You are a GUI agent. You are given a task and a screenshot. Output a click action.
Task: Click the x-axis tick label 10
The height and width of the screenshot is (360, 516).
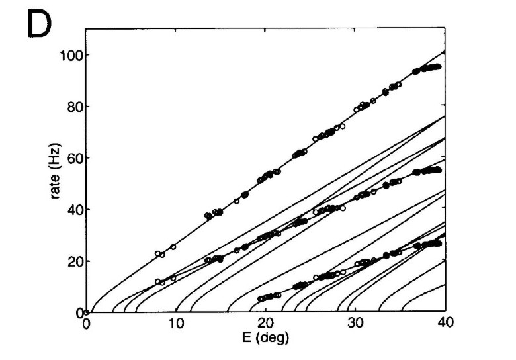pyautogui.click(x=176, y=324)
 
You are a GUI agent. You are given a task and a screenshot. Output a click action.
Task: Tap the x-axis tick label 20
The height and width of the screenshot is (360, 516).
pyautogui.click(x=265, y=324)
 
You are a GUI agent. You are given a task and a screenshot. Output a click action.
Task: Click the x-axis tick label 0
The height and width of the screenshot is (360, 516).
pyautogui.click(x=87, y=324)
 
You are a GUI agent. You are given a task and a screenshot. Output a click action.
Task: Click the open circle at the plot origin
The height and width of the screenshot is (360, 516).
pyautogui.click(x=87, y=312)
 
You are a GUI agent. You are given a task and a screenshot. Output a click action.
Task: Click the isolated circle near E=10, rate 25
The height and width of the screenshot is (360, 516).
pyautogui.click(x=173, y=247)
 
